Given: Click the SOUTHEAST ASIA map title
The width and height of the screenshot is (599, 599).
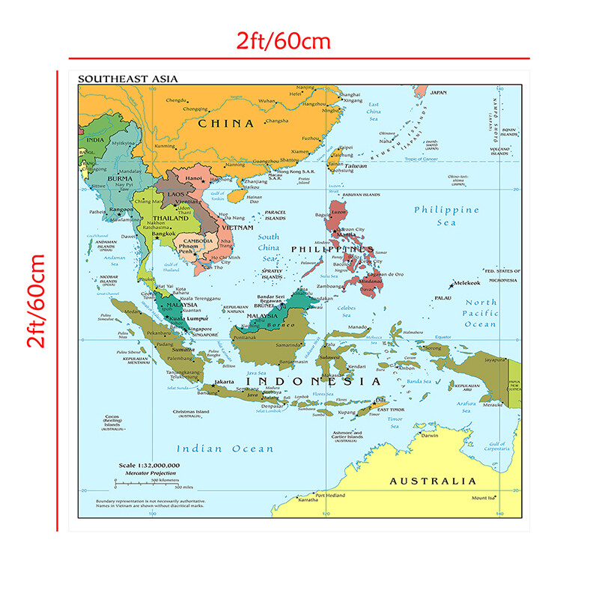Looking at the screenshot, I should (x=127, y=79).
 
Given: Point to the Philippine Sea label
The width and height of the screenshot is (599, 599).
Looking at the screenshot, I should (x=446, y=216).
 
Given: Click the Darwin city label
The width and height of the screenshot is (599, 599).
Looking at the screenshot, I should (x=429, y=435).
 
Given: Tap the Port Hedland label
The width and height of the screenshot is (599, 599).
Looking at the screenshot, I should (x=329, y=495).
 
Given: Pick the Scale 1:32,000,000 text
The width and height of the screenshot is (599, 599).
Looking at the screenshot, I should (x=149, y=466).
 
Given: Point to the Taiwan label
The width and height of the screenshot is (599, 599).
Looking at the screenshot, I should (x=356, y=165).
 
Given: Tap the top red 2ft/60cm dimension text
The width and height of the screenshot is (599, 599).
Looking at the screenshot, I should (x=299, y=41).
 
